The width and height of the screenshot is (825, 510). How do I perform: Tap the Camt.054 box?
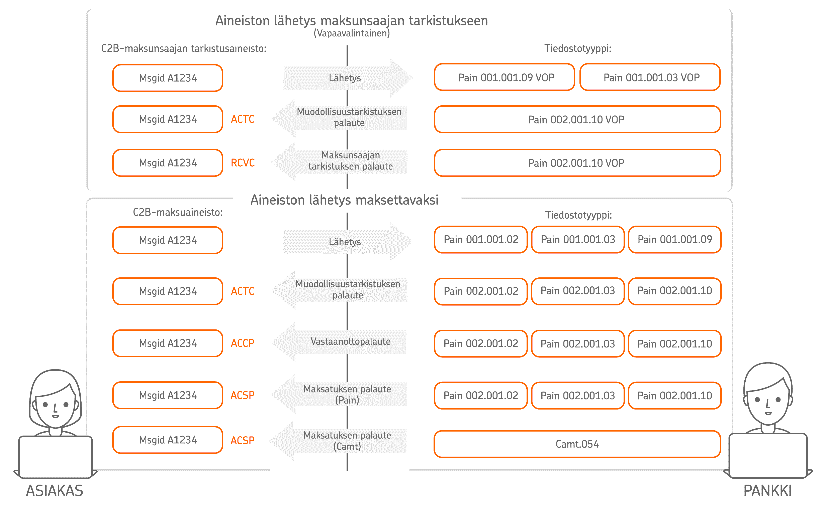577,444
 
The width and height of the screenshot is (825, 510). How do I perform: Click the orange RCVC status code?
243,163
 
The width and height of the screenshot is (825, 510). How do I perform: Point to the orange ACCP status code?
243,343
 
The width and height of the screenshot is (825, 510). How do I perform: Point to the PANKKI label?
768,491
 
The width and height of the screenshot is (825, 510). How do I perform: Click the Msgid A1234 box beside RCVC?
168,163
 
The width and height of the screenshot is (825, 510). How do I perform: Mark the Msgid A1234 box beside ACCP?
168,343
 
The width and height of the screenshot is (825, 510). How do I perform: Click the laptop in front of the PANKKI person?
768,455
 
